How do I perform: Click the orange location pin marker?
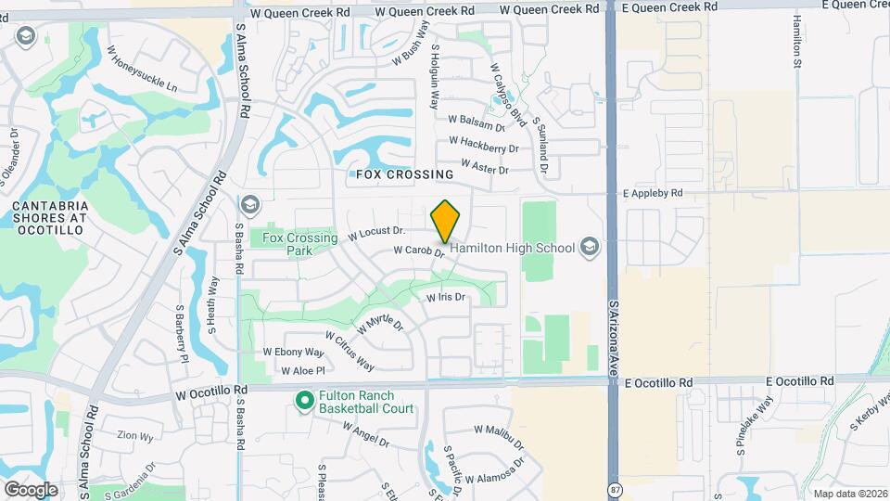click(446, 221)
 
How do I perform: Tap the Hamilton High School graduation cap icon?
click(590, 248)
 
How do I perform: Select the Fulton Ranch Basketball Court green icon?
click(303, 401)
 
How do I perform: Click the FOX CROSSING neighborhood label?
click(405, 174)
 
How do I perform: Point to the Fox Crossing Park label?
click(299, 244)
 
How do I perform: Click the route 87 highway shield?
click(616, 488)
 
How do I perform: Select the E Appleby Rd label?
click(653, 193)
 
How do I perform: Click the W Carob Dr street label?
click(420, 250)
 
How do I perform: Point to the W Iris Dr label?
click(445, 298)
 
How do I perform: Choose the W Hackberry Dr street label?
click(483, 145)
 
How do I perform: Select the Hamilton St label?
click(796, 43)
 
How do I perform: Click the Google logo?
click(31, 489)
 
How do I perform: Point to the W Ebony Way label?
click(294, 353)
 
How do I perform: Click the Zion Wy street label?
click(133, 434)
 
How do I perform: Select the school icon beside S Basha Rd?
click(249, 204)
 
